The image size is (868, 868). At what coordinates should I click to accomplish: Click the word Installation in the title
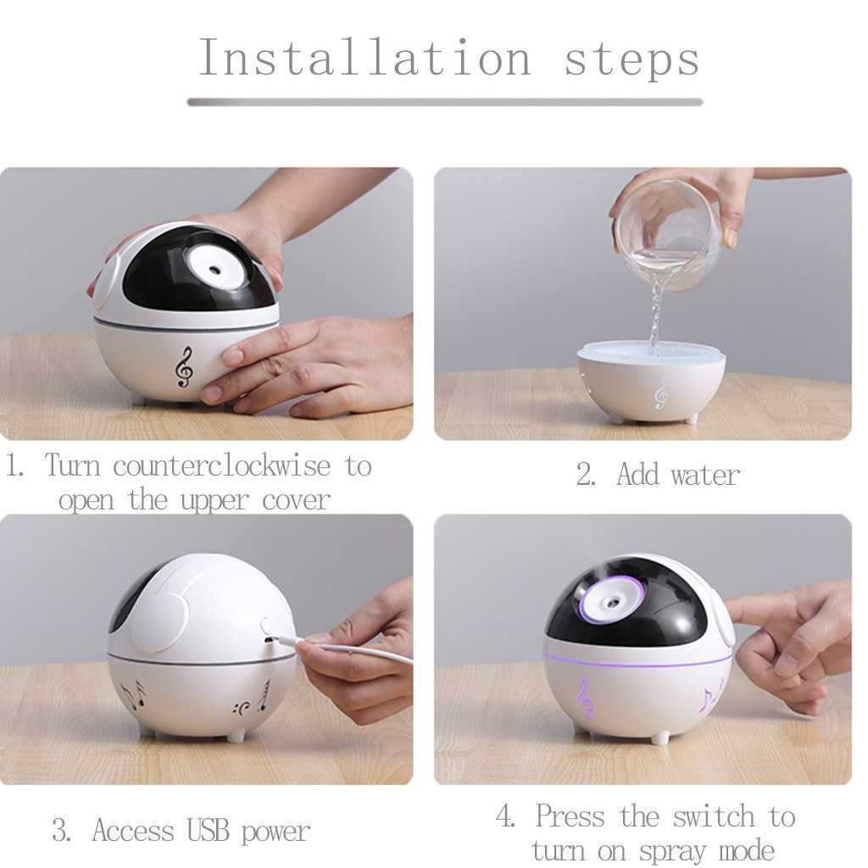point(364,58)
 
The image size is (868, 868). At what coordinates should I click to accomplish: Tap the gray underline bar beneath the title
point(445,103)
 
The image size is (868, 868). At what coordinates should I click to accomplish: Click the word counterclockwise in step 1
point(221,465)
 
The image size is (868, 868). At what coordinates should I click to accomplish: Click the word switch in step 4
point(714,816)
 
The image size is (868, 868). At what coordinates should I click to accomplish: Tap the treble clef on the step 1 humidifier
point(184,367)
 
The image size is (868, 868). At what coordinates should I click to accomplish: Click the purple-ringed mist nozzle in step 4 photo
point(612,600)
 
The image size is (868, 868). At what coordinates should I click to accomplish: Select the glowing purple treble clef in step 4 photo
point(585,698)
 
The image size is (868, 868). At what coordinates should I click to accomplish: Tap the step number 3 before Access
point(60,831)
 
